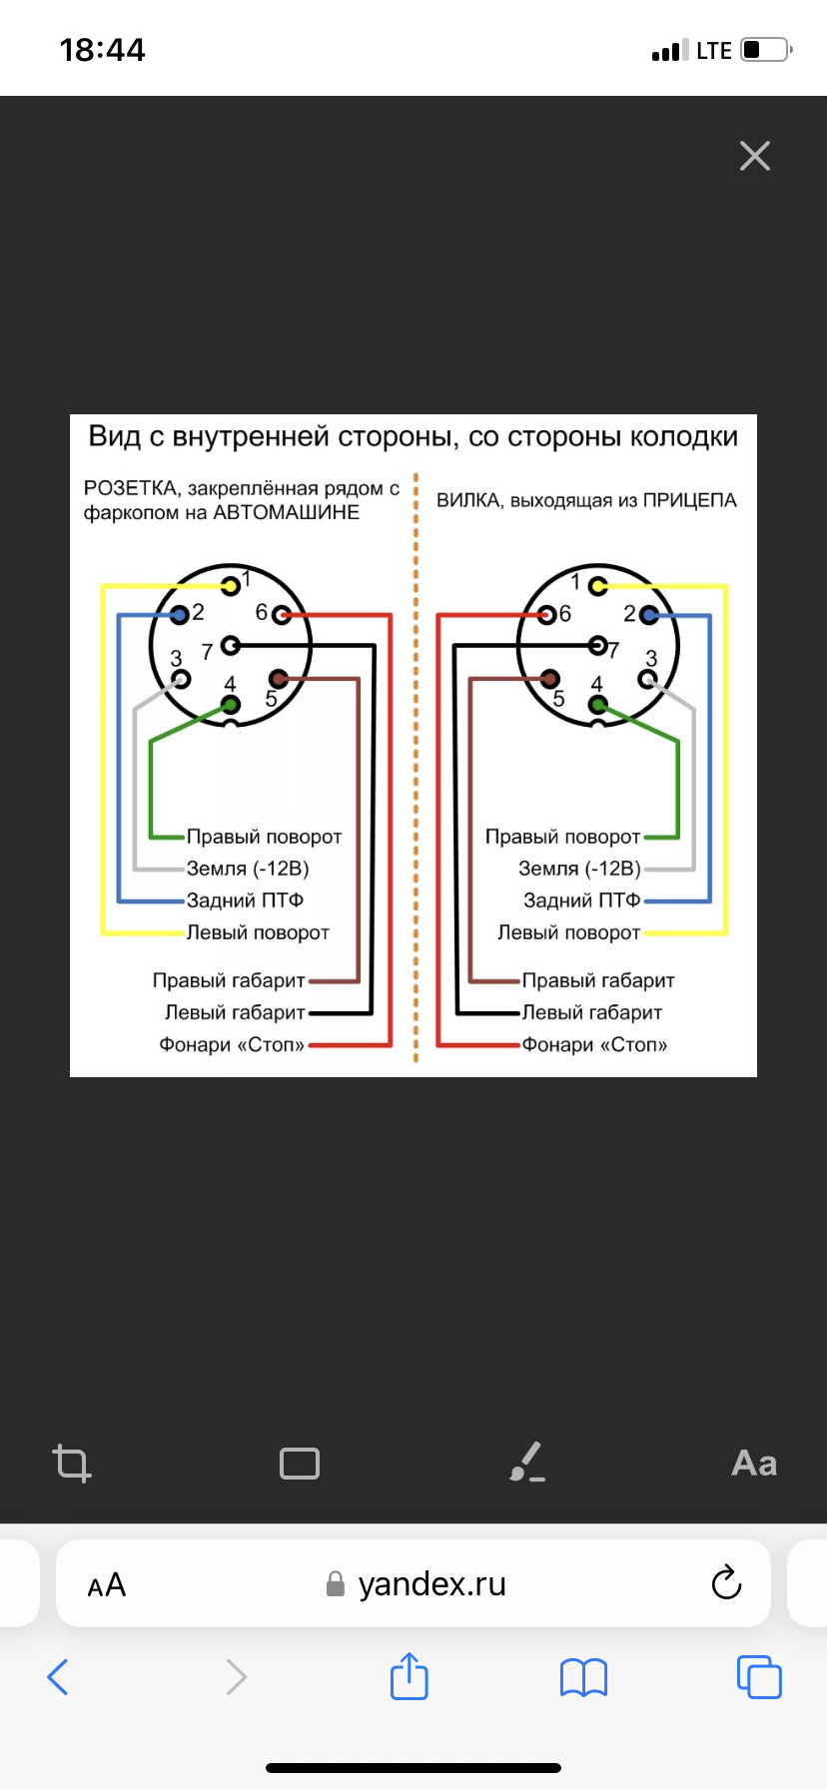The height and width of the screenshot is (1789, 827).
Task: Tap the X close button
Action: coord(755,156)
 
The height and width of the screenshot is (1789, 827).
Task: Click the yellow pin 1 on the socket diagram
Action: coord(231,586)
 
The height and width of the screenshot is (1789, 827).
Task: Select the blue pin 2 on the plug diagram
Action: coord(649,615)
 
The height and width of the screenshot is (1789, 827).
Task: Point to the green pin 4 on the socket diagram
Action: coord(231,706)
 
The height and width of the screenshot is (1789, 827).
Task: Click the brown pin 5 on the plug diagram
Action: coord(549,679)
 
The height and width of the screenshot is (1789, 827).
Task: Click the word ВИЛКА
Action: coord(469,500)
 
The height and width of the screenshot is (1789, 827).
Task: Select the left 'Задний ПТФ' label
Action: coord(245,900)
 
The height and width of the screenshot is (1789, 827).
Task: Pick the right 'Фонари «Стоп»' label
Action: coord(594,1045)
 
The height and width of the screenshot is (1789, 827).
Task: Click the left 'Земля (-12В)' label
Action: coord(248,869)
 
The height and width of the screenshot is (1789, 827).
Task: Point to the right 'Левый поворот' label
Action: coord(568,932)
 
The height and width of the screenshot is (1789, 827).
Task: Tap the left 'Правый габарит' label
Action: coord(229,980)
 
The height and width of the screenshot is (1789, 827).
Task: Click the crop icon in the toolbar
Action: coord(72,1464)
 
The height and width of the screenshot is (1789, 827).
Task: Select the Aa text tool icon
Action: coord(754,1464)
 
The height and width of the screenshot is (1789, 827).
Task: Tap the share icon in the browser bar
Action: coord(409,1676)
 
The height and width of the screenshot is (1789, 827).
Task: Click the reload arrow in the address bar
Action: coord(726,1583)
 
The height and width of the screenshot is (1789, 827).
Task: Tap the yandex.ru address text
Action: coord(431,1584)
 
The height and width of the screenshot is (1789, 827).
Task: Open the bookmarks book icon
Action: coord(584,1677)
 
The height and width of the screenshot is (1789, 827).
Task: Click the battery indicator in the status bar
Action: coord(766,50)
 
